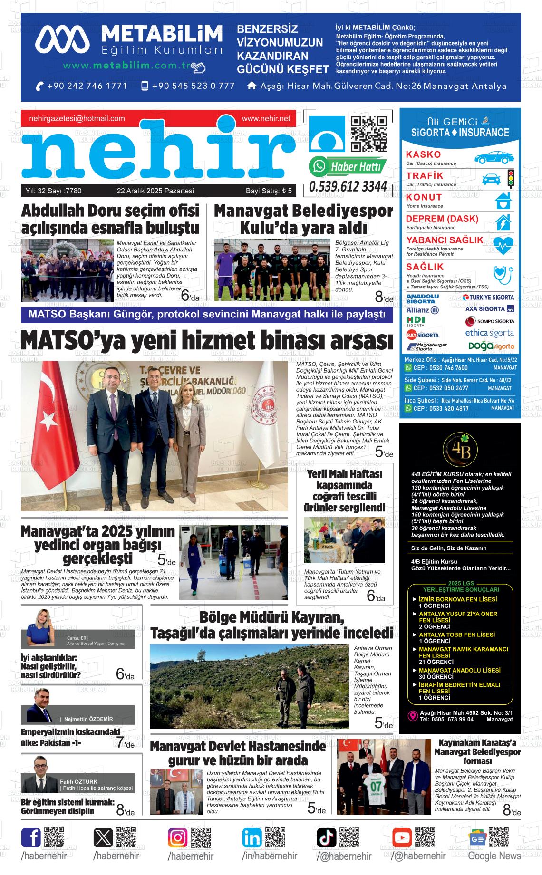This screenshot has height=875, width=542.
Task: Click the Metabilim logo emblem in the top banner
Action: tap(62, 38)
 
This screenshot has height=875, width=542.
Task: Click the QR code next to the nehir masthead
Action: tap(368, 134)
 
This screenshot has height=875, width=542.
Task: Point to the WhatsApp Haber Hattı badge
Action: tap(347, 166)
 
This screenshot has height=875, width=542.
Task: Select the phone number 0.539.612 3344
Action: tap(348, 187)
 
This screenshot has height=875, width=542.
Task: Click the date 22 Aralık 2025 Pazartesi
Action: tap(155, 191)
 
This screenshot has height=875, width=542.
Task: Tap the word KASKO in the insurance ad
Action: tap(423, 154)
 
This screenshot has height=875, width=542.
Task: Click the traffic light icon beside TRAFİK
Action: tap(511, 179)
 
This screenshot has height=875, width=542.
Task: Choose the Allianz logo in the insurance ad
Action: tap(422, 309)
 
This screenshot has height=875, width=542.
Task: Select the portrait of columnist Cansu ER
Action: tap(41, 627)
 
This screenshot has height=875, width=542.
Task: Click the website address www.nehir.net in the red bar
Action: tap(266, 118)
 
